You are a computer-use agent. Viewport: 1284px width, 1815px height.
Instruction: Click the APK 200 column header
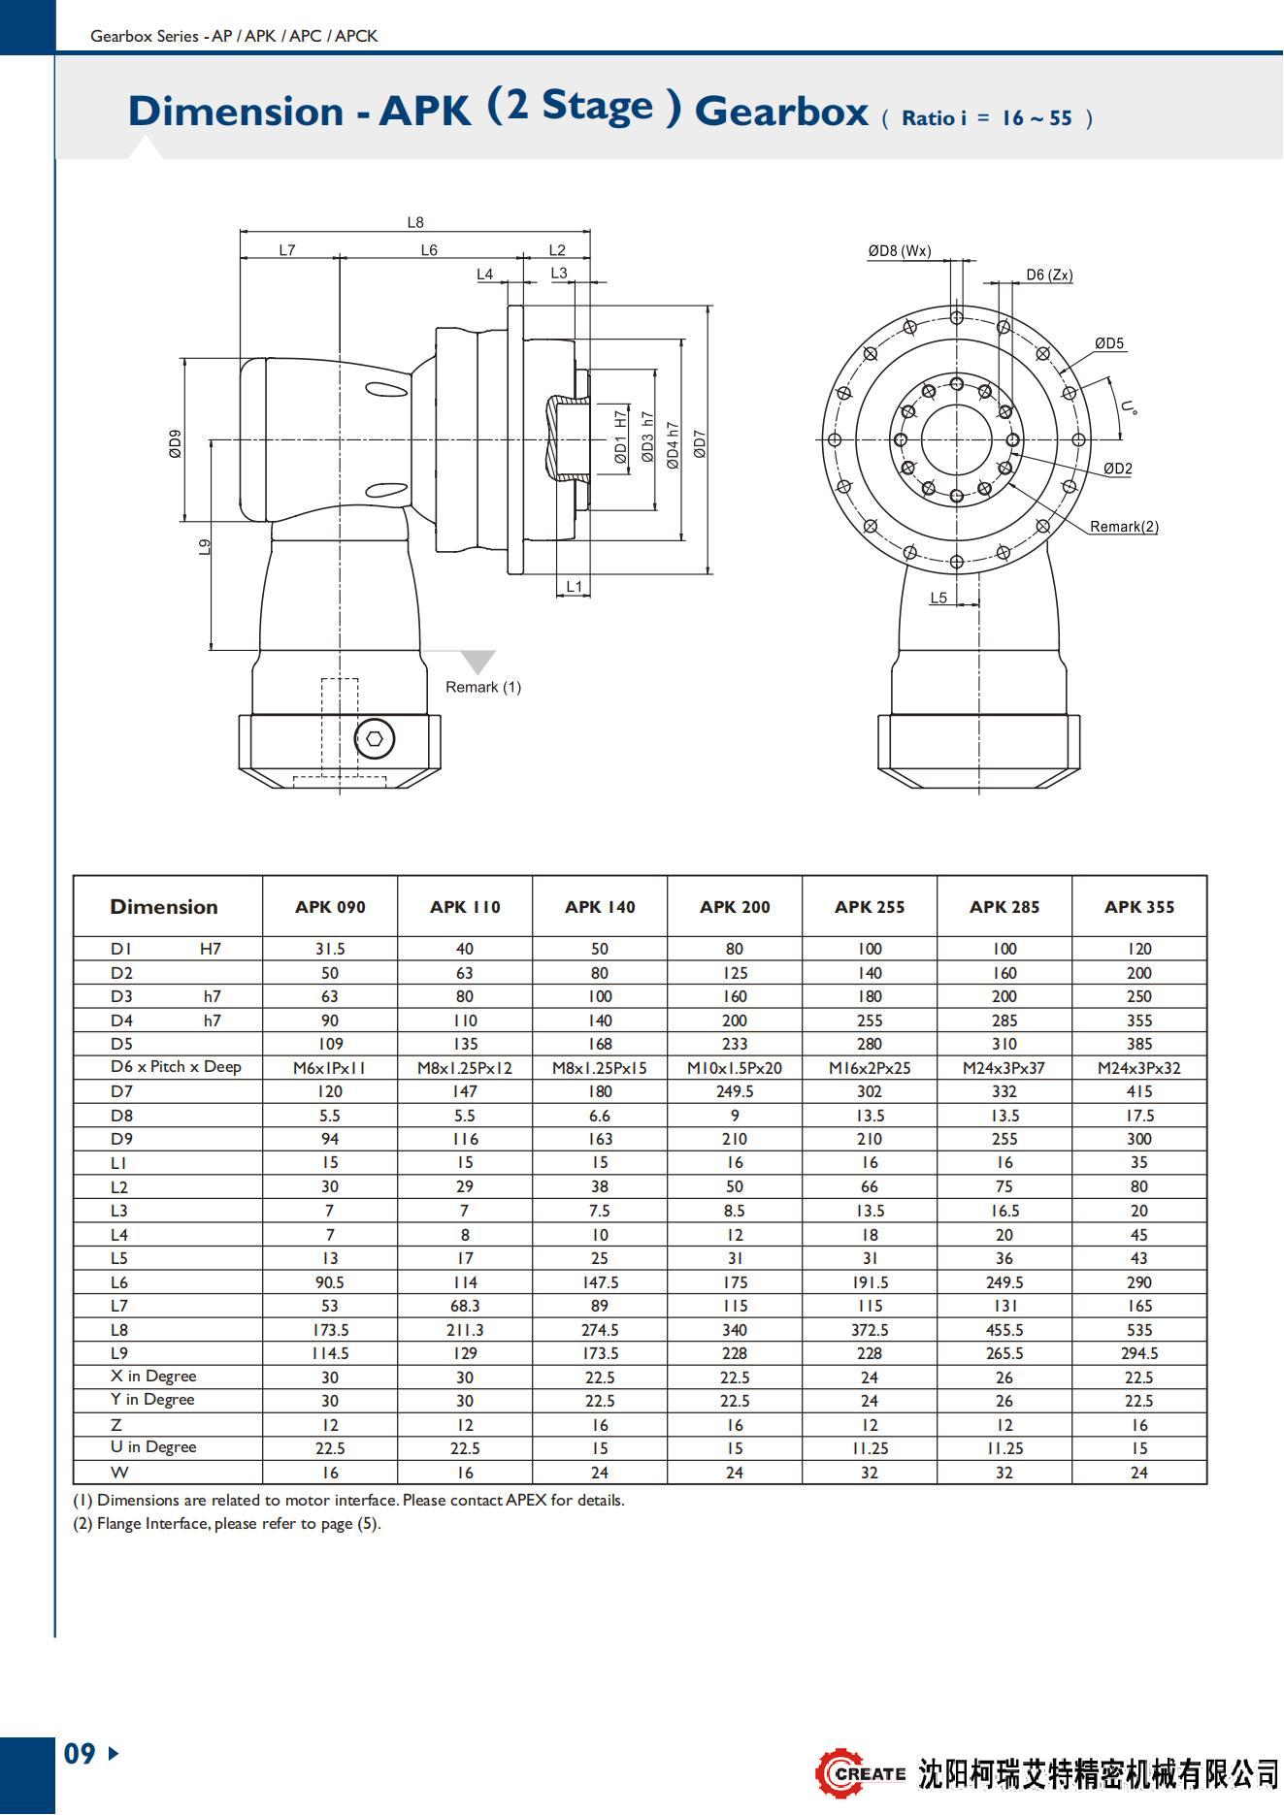(x=735, y=907)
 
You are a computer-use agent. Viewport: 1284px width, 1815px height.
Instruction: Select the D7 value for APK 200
(x=735, y=1091)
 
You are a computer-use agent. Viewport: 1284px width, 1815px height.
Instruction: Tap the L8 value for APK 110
(x=465, y=1330)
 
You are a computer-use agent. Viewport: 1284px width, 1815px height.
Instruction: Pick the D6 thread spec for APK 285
(x=1004, y=1068)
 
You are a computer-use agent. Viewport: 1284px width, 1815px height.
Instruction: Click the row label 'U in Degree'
(x=153, y=1447)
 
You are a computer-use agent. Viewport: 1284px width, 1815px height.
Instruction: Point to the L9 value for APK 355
(x=1138, y=1353)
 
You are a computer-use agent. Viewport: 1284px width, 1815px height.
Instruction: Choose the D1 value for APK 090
(x=330, y=949)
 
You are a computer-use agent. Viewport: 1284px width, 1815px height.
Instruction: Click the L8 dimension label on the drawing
(x=415, y=222)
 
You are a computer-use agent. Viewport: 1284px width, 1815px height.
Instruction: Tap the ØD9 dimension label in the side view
(x=175, y=443)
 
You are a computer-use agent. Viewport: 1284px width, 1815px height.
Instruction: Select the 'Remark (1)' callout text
(x=483, y=687)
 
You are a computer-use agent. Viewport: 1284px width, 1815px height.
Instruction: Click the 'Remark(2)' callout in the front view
(x=1124, y=527)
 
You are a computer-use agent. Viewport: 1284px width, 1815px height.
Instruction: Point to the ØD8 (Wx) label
(x=900, y=251)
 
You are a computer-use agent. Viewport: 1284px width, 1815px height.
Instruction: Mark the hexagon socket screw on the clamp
(x=375, y=739)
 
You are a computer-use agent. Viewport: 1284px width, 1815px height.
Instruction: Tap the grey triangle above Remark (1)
(x=477, y=661)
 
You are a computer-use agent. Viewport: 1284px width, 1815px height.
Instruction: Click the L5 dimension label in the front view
(x=938, y=598)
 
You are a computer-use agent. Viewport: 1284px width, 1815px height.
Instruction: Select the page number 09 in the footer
(x=81, y=1753)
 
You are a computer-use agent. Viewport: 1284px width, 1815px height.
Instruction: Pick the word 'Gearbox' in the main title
(x=780, y=112)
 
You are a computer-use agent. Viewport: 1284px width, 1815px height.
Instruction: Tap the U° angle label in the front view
(x=1128, y=408)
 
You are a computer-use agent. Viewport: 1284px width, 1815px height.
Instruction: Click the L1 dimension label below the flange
(x=574, y=586)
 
